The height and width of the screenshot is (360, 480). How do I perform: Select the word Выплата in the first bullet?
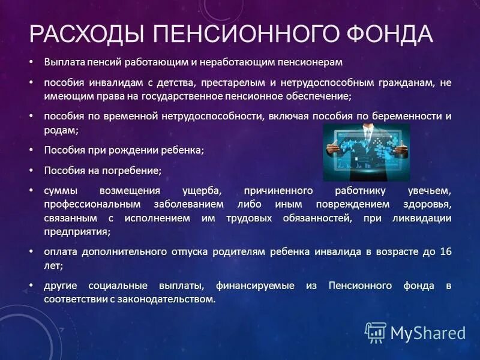pos(62,62)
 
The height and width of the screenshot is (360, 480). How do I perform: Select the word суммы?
pos(60,191)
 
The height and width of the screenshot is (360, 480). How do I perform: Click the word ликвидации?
pos(424,218)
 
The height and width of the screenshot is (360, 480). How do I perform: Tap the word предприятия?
pos(77,231)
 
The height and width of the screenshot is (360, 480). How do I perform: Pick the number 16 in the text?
pos(444,251)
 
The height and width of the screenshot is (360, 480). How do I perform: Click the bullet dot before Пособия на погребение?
pos(32,170)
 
